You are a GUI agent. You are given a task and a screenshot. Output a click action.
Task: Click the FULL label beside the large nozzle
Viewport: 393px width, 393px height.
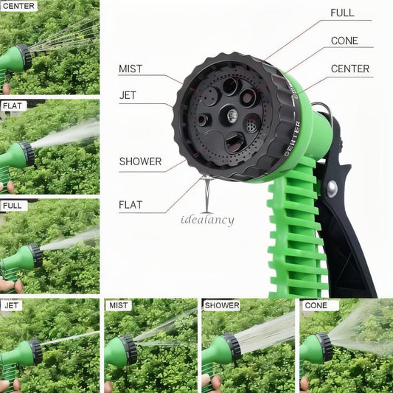342,13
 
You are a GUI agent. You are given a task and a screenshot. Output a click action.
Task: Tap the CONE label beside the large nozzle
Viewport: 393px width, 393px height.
344,41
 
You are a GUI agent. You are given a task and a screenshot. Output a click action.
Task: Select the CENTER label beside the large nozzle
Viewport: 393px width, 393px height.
350,69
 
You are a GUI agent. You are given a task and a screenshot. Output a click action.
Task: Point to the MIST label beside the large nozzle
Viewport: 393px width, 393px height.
131,69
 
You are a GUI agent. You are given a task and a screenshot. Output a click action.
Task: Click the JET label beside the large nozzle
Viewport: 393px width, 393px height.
128,94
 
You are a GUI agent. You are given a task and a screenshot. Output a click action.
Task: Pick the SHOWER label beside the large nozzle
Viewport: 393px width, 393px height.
140,161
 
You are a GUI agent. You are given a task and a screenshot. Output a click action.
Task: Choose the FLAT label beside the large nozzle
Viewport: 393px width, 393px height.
130,204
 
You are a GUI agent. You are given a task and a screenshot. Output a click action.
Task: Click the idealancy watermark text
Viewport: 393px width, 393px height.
207,220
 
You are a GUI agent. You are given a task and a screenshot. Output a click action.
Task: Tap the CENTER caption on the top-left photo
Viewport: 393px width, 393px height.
19,6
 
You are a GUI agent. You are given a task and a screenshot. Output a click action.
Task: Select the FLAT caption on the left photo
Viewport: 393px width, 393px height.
13,105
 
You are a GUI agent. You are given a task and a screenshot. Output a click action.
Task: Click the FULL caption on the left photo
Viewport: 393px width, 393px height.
13,206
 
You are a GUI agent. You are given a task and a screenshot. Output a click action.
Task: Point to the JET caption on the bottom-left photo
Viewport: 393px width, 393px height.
12,305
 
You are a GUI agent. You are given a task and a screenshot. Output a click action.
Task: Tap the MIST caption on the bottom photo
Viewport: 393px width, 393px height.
118,305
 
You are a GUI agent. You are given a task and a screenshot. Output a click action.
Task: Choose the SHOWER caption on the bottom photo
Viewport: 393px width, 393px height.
222,305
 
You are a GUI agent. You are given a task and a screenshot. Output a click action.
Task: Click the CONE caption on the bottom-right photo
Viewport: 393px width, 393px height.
316,305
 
